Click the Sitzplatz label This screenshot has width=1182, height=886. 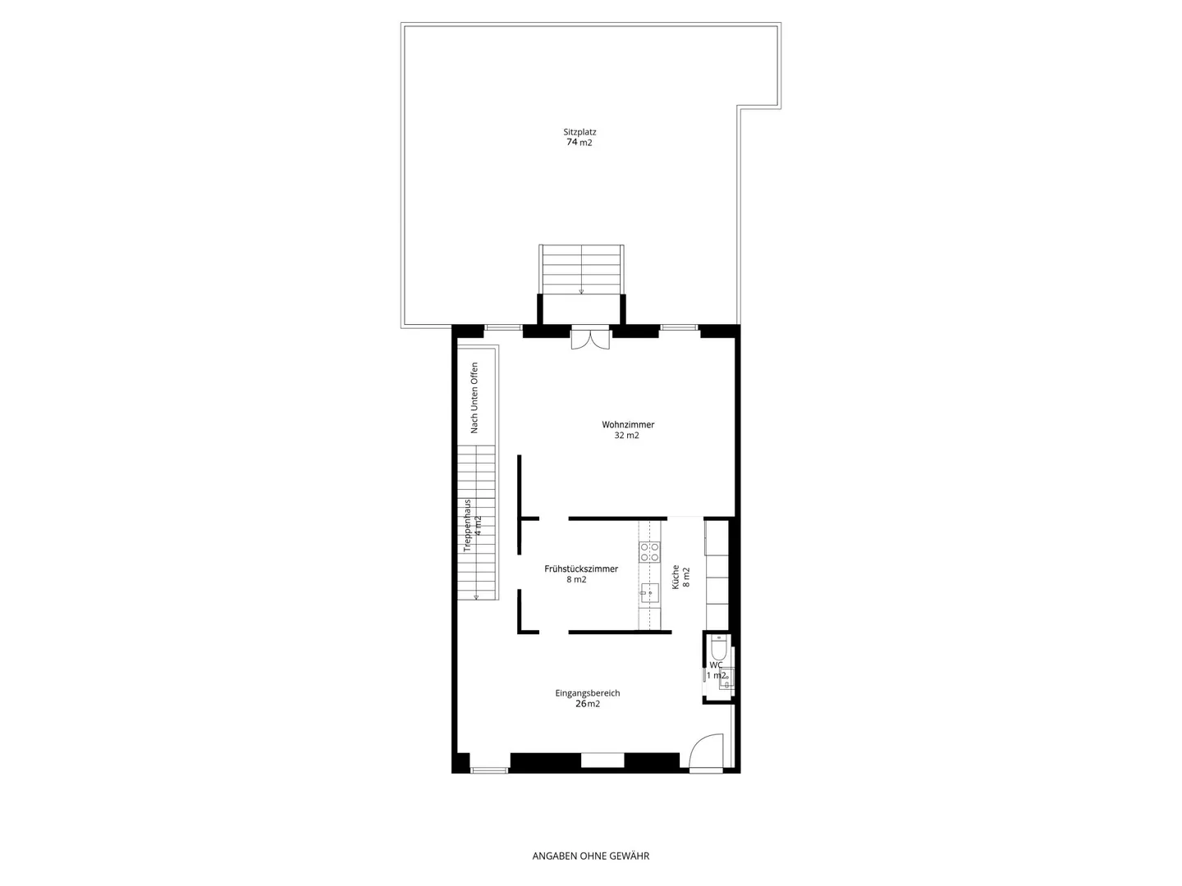[580, 131]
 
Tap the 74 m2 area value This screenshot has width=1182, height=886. [580, 143]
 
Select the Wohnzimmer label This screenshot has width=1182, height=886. [628, 425]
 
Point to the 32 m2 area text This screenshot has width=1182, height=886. [627, 436]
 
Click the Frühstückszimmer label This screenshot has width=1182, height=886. [581, 569]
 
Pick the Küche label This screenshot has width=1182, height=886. [676, 577]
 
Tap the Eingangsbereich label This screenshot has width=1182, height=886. [588, 693]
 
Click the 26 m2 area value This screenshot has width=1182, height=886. [588, 704]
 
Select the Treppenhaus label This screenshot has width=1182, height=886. [467, 525]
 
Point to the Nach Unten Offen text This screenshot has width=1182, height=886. [474, 398]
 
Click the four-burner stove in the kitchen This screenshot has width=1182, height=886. [650, 551]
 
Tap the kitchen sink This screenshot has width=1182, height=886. [650, 591]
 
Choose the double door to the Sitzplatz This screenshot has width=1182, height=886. [591, 337]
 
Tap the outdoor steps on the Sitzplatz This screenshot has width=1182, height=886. [581, 268]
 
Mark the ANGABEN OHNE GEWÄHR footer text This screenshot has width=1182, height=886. [591, 856]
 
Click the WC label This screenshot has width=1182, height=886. [717, 665]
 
